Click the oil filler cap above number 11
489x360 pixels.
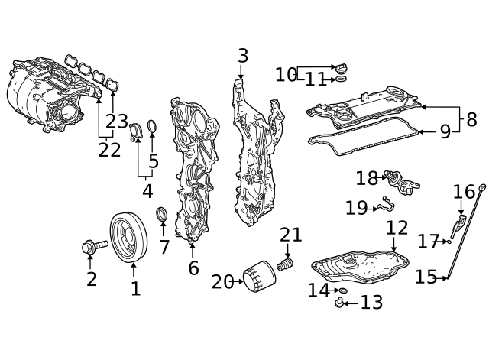[341, 69]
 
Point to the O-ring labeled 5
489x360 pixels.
[152, 125]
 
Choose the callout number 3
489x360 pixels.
[243, 56]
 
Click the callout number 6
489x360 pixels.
[193, 268]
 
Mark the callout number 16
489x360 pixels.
[464, 191]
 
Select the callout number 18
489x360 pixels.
[367, 179]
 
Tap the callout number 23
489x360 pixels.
[117, 121]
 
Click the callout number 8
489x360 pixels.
[471, 120]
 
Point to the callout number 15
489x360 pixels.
[426, 277]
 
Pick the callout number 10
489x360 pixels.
[286, 75]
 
